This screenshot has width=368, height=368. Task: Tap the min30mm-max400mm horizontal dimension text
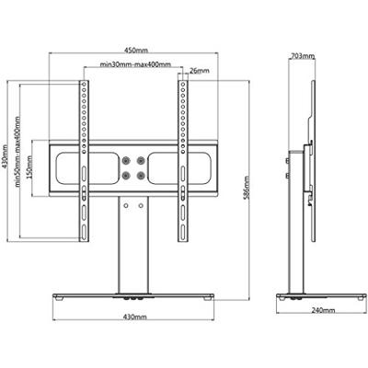click(x=135, y=64)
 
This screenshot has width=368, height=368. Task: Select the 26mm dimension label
click(x=200, y=71)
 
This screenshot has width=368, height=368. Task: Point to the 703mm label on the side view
click(x=302, y=56)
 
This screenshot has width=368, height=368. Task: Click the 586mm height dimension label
click(x=246, y=188)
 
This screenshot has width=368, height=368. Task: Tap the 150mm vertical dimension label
click(x=29, y=167)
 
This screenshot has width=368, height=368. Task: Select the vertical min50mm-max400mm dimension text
click(x=17, y=152)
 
